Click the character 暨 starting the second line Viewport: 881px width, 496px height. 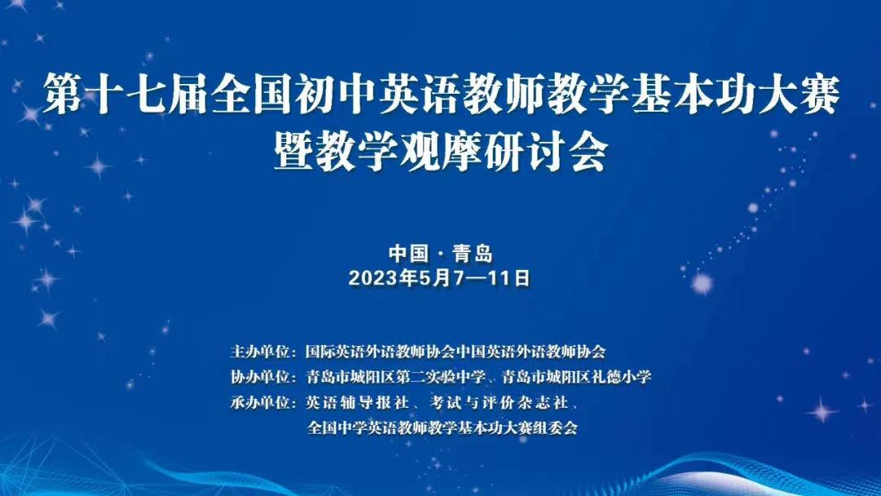tap(294, 152)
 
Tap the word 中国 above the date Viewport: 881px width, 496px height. tap(408, 254)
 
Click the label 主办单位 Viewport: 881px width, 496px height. tap(259, 352)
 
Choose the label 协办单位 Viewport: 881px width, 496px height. tap(259, 377)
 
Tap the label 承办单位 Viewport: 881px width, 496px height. tap(259, 403)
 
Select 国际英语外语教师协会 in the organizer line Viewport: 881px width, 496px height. tap(380, 352)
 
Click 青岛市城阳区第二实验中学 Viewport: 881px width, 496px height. tap(396, 377)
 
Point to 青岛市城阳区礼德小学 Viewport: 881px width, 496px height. tap(577, 377)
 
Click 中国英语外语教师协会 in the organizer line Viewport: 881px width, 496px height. tap(530, 352)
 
